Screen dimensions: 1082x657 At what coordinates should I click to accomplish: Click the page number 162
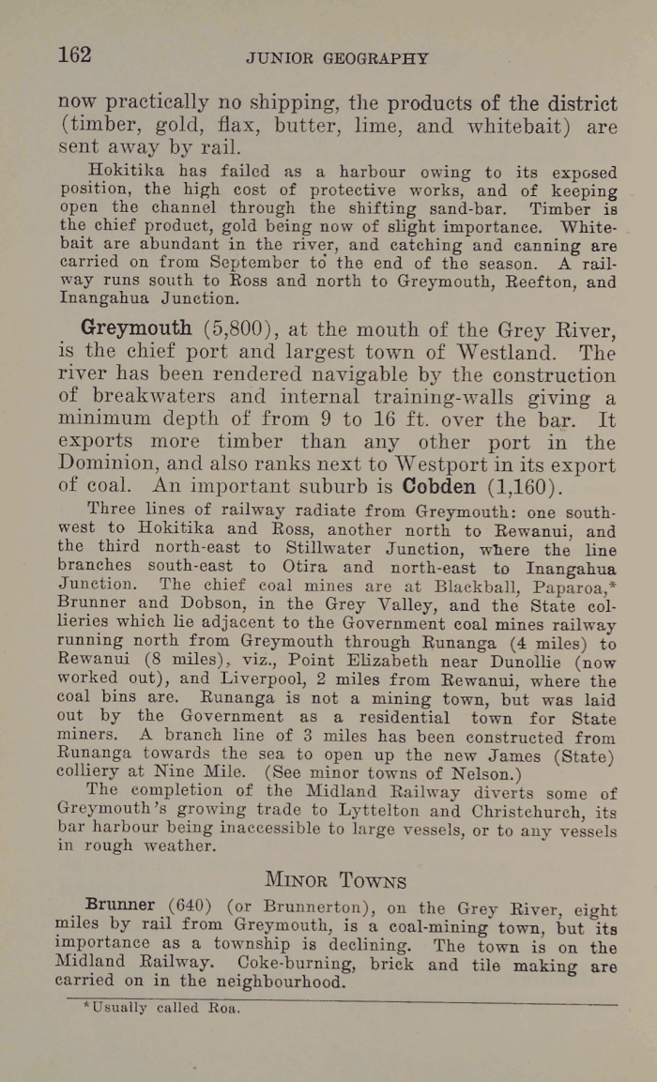[x=75, y=54]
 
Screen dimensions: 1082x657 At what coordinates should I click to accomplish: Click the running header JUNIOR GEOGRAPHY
[x=337, y=58]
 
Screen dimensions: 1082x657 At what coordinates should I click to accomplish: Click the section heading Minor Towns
[x=336, y=880]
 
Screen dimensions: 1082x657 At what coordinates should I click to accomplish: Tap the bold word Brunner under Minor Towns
[x=119, y=906]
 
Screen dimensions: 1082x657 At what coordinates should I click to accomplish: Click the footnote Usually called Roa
[x=162, y=1009]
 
